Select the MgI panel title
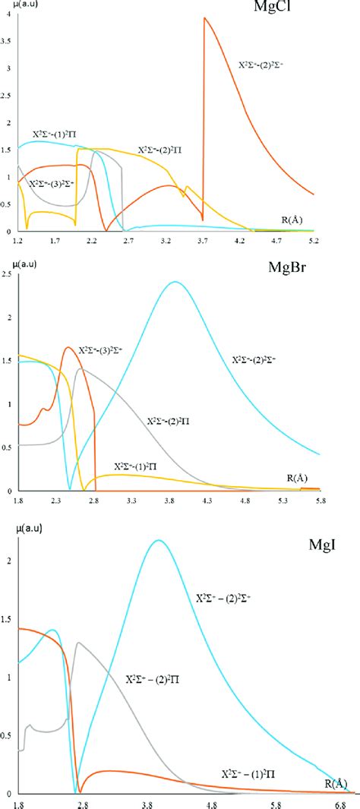pyautogui.click(x=326, y=545)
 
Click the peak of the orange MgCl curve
pyautogui.click(x=204, y=18)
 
